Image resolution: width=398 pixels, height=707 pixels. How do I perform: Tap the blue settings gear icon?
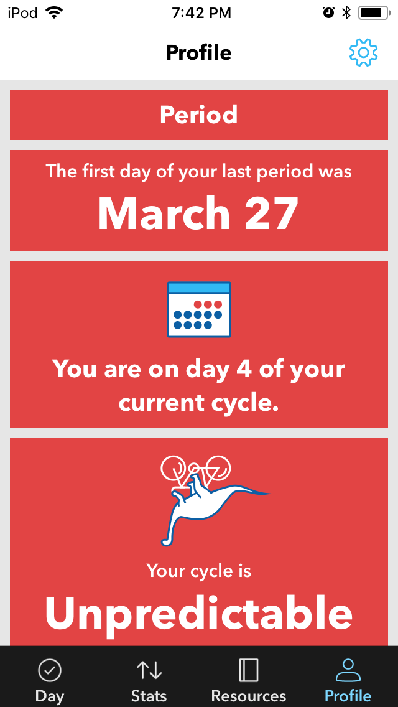(x=363, y=52)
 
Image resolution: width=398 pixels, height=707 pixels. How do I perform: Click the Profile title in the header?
(x=199, y=53)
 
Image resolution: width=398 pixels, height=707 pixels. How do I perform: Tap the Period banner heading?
(x=199, y=115)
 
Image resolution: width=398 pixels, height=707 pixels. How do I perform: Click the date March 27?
(x=198, y=213)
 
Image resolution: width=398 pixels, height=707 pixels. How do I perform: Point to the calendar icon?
(x=199, y=309)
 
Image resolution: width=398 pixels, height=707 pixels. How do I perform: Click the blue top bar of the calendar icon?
(x=199, y=288)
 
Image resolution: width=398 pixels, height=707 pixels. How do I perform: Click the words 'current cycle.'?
(x=199, y=403)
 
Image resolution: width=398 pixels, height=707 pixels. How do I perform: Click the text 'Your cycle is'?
(x=199, y=571)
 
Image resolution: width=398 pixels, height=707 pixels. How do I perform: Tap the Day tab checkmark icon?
(x=50, y=670)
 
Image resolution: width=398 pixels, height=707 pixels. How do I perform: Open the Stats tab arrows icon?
(x=149, y=670)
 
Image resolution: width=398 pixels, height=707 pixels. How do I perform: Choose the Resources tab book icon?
(x=248, y=670)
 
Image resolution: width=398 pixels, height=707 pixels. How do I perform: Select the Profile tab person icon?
(x=348, y=670)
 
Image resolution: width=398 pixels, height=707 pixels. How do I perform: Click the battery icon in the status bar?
(x=374, y=13)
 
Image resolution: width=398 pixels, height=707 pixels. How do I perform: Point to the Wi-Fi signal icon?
(x=54, y=13)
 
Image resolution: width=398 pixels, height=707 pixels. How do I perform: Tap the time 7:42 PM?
(x=201, y=13)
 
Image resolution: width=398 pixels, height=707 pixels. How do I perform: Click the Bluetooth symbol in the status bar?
(x=346, y=13)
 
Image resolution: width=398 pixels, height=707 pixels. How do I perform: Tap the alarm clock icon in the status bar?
(x=328, y=13)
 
